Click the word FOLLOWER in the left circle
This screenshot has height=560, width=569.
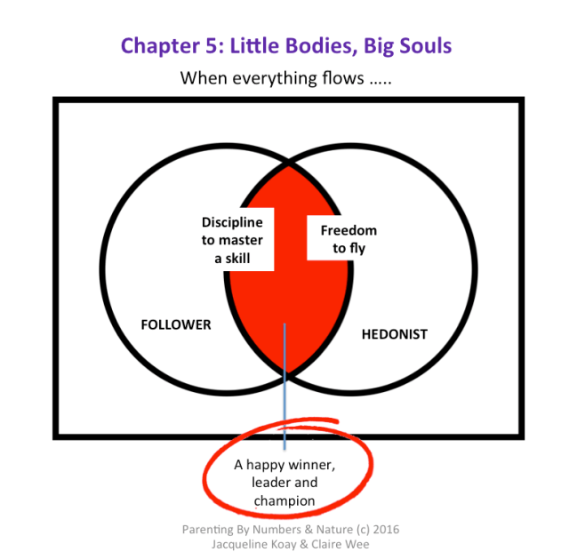[x=176, y=324]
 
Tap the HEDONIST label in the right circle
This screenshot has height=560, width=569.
[x=394, y=334]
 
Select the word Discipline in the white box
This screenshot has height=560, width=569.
[x=232, y=222]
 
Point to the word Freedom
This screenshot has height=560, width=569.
[x=349, y=231]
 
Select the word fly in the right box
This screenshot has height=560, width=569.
[x=357, y=248]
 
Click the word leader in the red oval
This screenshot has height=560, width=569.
[x=267, y=483]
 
